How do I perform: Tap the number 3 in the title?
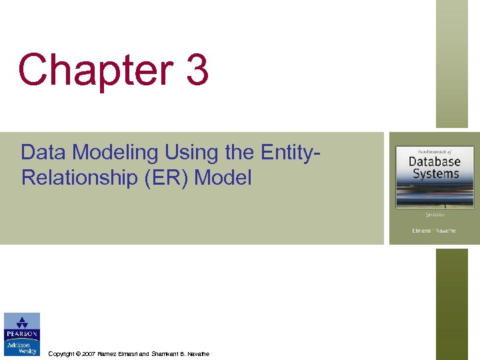click(197, 71)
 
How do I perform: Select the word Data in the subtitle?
click(44, 153)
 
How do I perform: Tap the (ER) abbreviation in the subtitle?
click(161, 177)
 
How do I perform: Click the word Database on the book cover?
click(434, 161)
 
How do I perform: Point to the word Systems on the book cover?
click(434, 173)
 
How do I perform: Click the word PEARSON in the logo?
click(22, 334)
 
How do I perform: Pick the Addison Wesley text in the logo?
click(22, 348)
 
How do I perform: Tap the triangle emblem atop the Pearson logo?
click(22, 321)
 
